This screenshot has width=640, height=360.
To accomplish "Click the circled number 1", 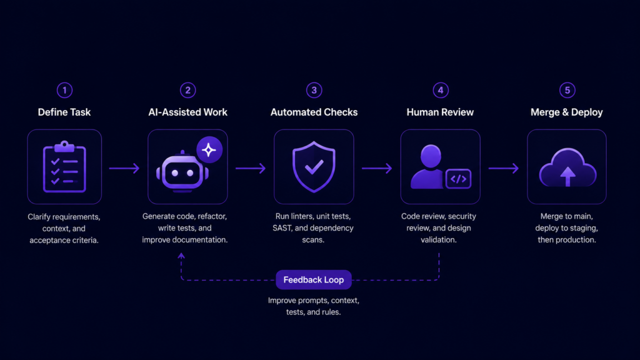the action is point(64,90).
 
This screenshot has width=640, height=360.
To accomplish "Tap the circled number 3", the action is point(314,90).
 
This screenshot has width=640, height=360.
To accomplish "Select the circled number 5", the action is point(567,90).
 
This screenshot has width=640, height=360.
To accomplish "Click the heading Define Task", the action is point(64,112).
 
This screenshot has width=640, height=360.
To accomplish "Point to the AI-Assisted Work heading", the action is point(187,112).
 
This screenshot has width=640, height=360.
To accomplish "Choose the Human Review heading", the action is point(440,112).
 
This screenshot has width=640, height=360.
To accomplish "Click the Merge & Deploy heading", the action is point(566,112).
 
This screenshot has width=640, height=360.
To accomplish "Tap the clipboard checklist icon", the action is point(64,167).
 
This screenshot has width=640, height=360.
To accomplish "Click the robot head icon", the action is point(182,172).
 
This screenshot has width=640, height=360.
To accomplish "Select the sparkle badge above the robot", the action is point(209,150).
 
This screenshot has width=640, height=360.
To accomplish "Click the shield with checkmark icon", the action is point(314,166).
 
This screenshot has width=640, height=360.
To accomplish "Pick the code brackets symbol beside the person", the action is point(458,179).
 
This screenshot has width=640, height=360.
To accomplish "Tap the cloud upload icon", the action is point(567,167).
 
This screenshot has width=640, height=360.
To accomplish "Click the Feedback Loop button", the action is point(314,279).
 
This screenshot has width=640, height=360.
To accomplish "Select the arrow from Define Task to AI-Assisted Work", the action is point(124,168).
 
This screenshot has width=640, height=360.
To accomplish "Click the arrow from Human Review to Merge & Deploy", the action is point(503,168).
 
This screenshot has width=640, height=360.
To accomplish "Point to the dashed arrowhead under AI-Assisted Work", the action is point(181,256).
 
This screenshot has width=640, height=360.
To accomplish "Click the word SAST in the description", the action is point(282,227).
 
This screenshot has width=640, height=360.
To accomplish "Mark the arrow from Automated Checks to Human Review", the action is point(377,168).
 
